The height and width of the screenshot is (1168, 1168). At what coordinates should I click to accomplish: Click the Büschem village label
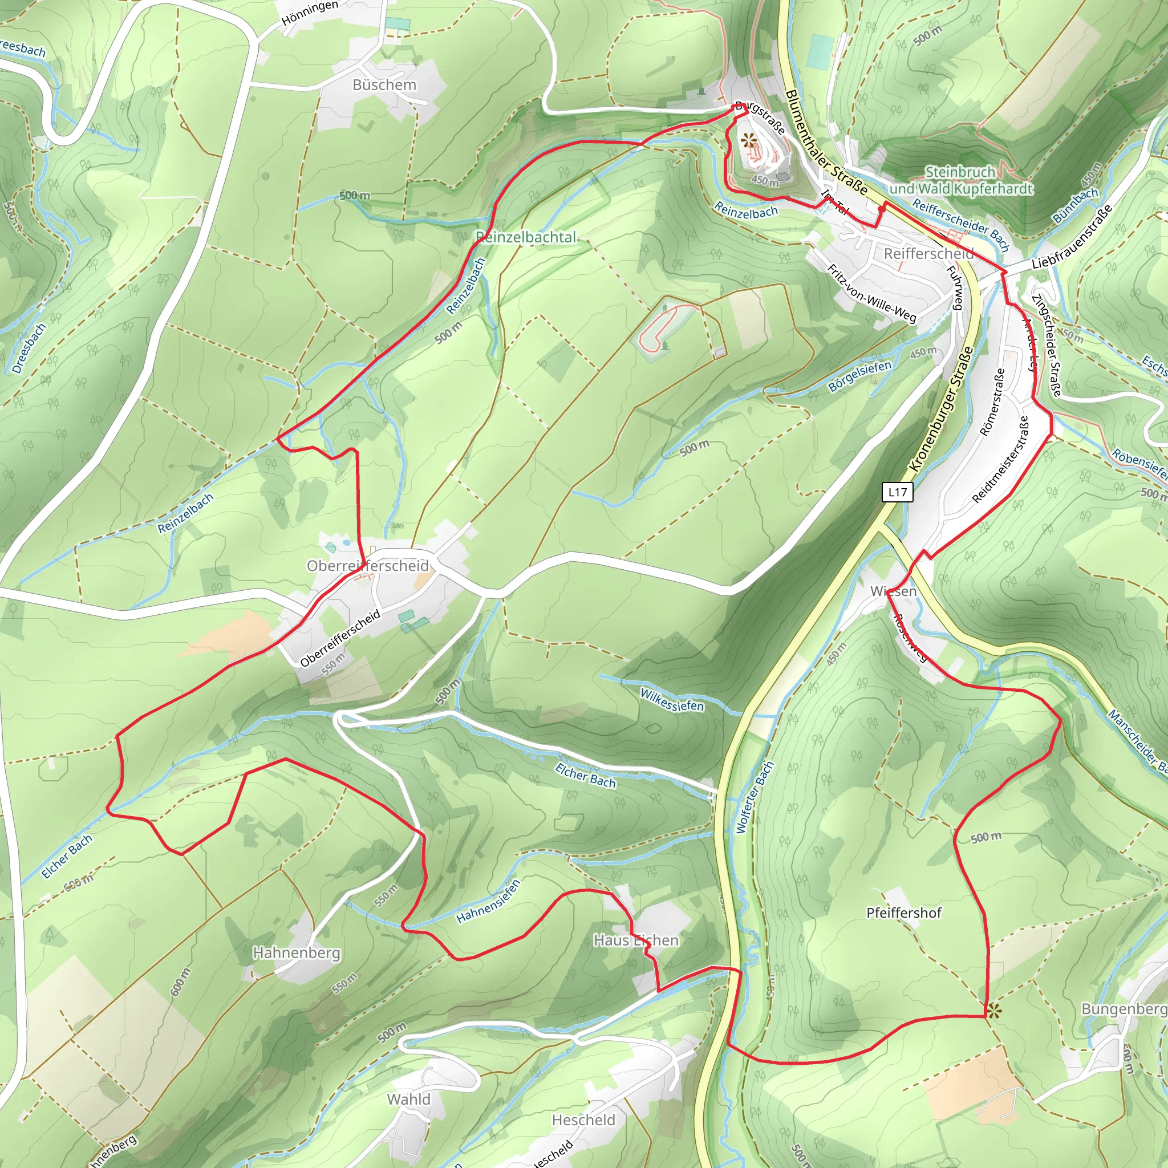point(384,84)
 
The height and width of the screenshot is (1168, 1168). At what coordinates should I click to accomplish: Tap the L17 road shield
point(897,492)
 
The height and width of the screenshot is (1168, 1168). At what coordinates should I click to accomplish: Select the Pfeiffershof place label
point(904,913)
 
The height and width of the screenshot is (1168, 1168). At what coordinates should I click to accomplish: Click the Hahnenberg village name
point(296,953)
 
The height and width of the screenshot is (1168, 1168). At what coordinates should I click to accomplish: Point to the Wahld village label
point(409,1099)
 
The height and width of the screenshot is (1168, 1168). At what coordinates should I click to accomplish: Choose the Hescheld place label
point(583,1120)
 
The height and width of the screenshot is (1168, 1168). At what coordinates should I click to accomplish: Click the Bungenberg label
point(1124,1009)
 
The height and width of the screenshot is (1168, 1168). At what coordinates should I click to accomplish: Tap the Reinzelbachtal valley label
point(526,238)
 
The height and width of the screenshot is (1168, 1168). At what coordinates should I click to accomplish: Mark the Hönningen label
point(310,13)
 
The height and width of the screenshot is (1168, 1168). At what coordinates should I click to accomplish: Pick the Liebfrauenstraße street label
point(1071,237)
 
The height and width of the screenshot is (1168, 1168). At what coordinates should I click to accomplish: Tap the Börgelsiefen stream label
point(859,376)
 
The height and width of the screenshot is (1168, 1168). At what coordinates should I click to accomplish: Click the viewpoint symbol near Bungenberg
point(993,1009)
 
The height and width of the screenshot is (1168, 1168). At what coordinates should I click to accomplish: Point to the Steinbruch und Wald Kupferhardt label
point(960,180)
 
